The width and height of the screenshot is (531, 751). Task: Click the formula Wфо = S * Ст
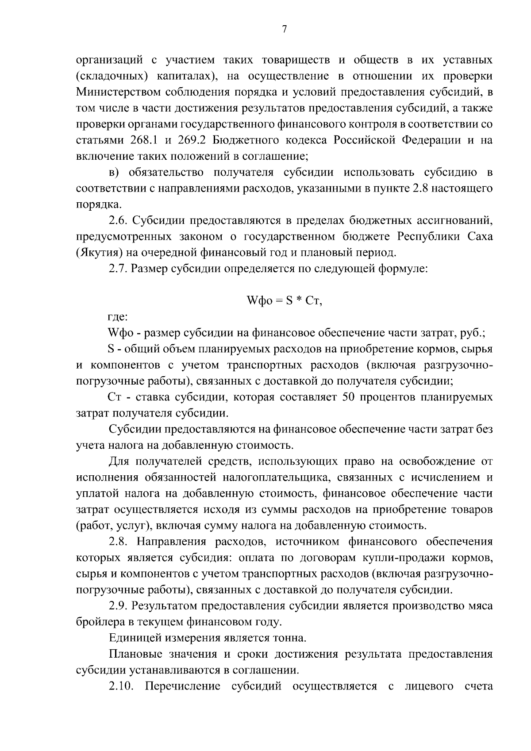284,301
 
